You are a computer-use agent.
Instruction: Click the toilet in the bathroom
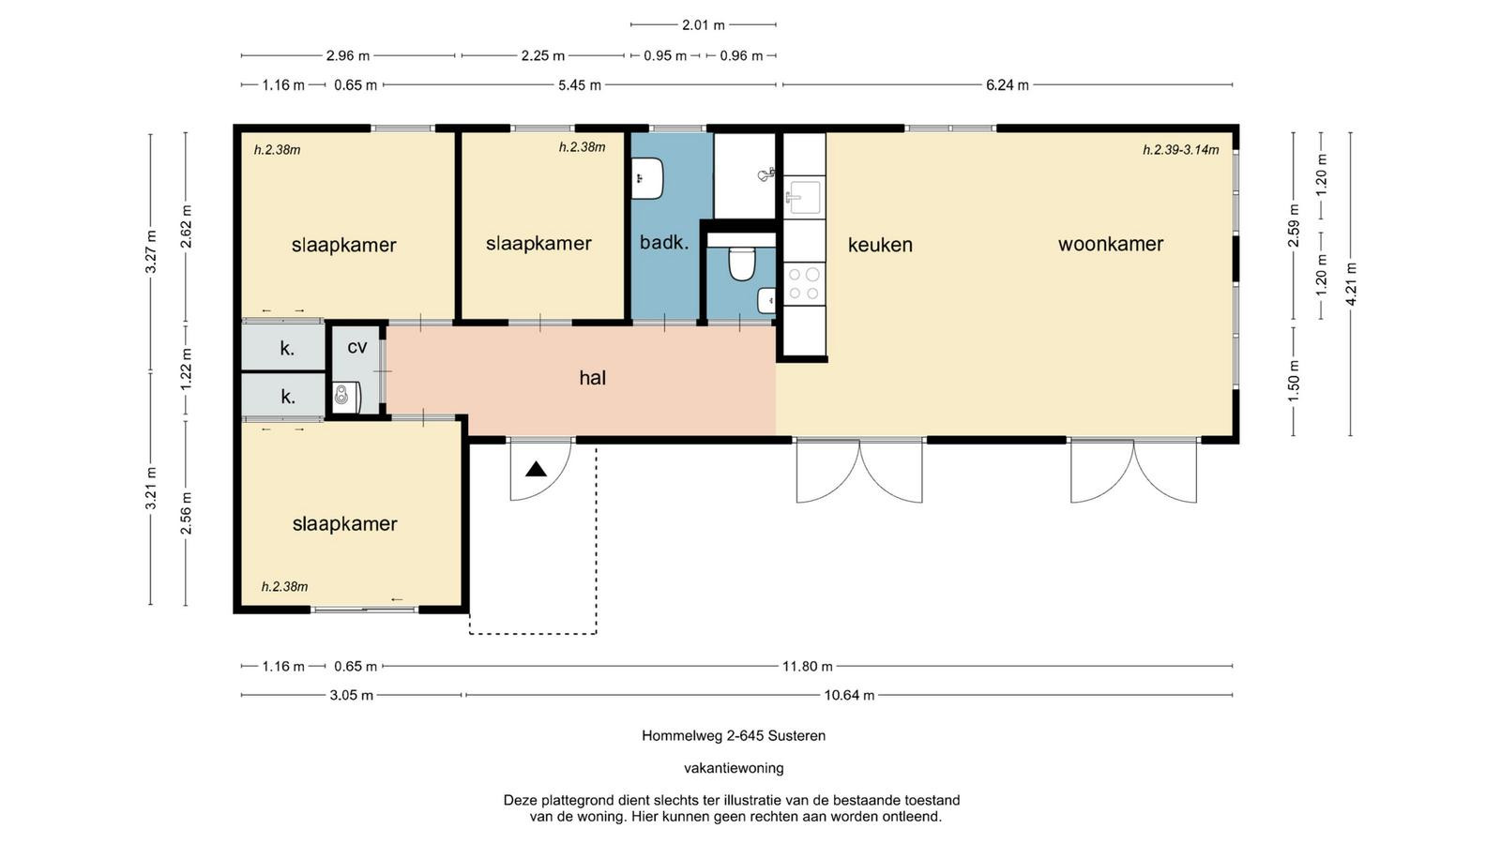tap(741, 264)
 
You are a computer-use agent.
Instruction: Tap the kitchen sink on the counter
tap(803, 196)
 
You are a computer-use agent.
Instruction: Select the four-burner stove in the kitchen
tap(803, 283)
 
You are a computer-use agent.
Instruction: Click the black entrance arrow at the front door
tap(536, 470)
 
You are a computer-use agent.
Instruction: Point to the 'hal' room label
tap(592, 378)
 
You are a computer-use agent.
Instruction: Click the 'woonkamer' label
tap(1111, 244)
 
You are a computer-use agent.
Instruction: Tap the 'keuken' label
tap(880, 245)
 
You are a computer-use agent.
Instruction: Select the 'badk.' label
tap(664, 243)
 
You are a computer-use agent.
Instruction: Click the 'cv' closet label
tap(357, 347)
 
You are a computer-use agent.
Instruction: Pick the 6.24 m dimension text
tap(1008, 85)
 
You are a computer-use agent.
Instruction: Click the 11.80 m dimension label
tap(808, 667)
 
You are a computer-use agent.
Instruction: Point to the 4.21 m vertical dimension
tap(1351, 284)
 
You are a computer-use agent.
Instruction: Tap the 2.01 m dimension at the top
tap(704, 25)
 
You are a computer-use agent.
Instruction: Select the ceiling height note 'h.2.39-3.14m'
tap(1181, 150)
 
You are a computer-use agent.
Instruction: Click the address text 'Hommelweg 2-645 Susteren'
tap(734, 735)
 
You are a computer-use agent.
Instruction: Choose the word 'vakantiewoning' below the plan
tap(734, 768)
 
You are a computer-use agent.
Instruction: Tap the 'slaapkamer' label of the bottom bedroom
tap(344, 524)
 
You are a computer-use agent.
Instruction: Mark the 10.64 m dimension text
tap(849, 695)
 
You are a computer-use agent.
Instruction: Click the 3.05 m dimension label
tap(351, 695)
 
